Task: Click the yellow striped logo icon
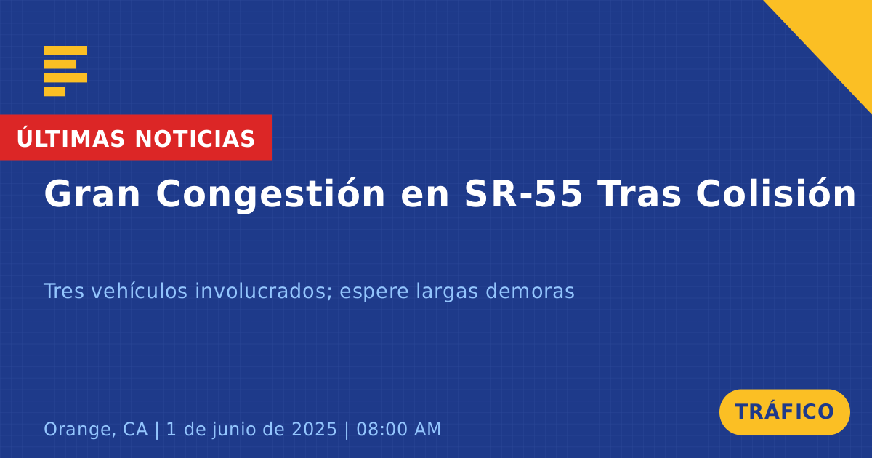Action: tap(65, 71)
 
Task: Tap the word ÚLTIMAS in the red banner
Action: tap(70, 138)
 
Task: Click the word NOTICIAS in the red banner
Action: tap(195, 139)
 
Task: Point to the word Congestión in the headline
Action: tap(270, 194)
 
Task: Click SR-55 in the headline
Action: tap(524, 193)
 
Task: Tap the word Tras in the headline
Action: tap(640, 193)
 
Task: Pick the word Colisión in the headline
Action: tap(776, 193)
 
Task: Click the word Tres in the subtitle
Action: tap(64, 291)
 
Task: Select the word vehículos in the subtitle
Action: tap(140, 291)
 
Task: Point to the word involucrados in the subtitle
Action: tap(264, 292)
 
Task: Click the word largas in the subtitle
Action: tap(447, 292)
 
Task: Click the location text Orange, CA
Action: tap(96, 429)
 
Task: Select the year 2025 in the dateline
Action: tap(314, 429)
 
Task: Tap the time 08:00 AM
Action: tap(399, 429)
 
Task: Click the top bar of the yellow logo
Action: tap(65, 50)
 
